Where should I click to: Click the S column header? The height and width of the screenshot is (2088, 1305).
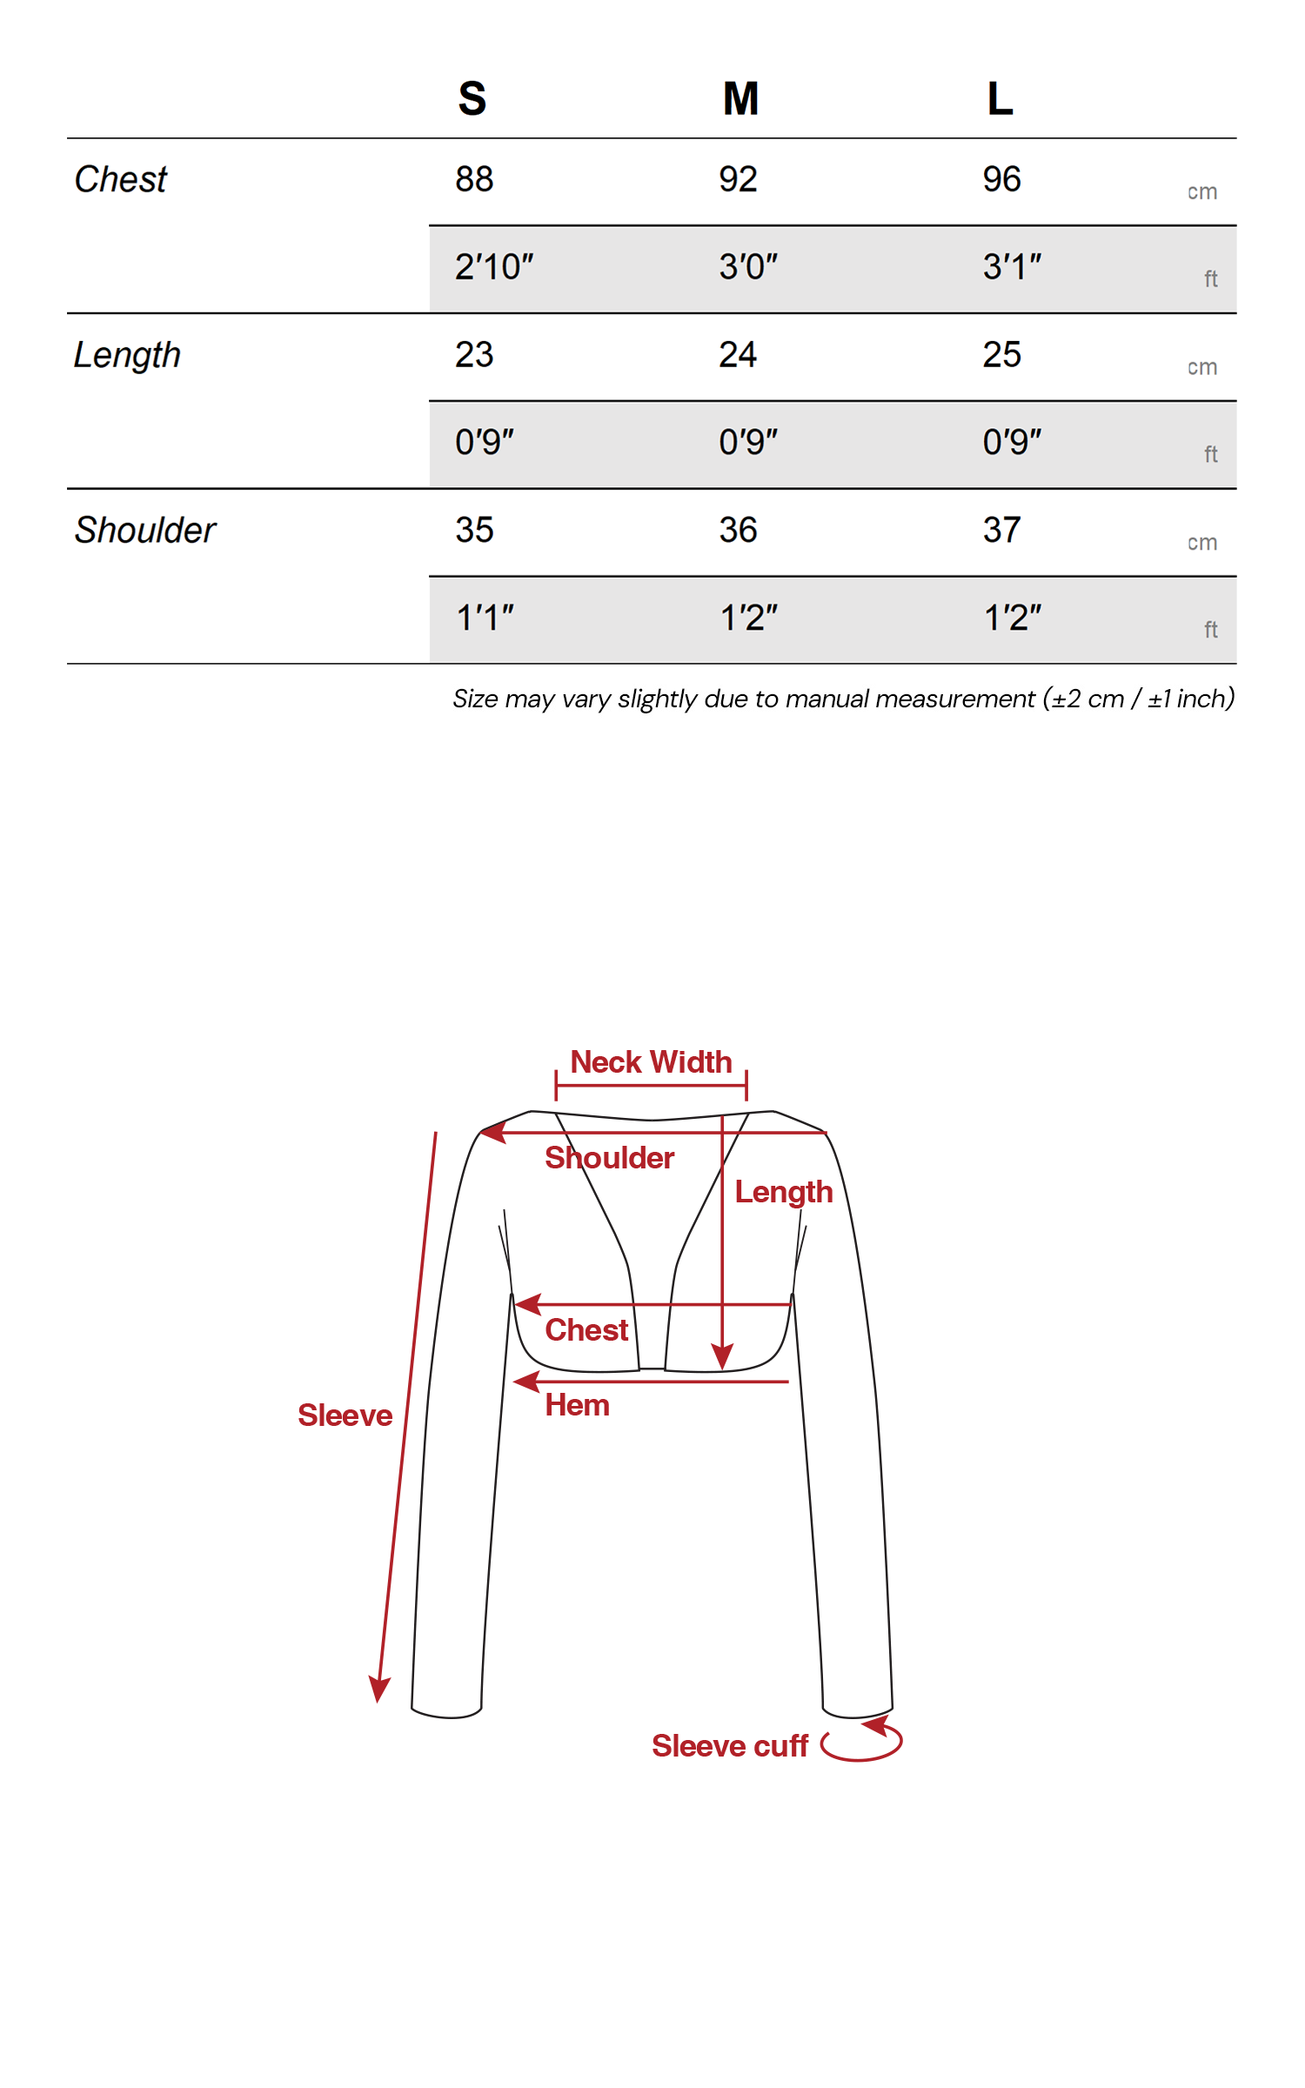click(x=472, y=98)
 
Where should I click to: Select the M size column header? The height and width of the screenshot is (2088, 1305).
click(x=741, y=98)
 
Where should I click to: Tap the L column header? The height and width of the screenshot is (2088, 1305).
click(x=1000, y=98)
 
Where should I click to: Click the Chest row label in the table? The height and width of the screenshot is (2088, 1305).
click(x=121, y=179)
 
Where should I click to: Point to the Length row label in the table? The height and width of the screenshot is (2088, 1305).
click(x=127, y=355)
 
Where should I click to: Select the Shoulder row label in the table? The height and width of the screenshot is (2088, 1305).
click(x=145, y=530)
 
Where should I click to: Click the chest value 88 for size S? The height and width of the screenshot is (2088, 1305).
click(x=474, y=179)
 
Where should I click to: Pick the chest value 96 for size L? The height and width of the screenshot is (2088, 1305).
click(x=1001, y=179)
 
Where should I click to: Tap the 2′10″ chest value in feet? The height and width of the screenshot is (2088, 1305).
click(x=494, y=267)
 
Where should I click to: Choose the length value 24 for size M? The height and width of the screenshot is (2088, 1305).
click(x=738, y=355)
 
